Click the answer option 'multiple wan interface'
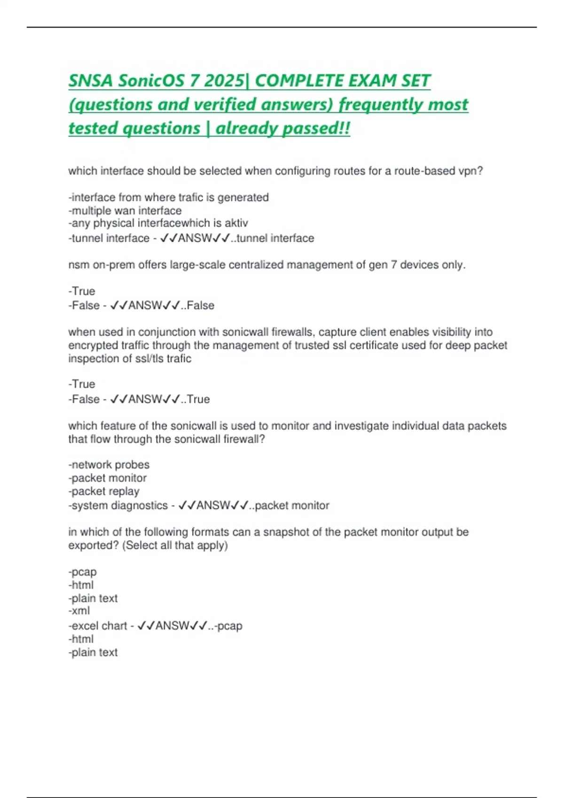tap(125, 211)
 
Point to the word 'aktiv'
tap(236, 223)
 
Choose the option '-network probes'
tap(109, 465)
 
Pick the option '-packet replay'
tap(104, 491)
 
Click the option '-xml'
tap(79, 611)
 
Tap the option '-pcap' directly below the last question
tap(83, 572)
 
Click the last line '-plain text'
tap(93, 652)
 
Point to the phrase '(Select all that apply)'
tap(175, 545)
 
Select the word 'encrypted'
tap(90, 345)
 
